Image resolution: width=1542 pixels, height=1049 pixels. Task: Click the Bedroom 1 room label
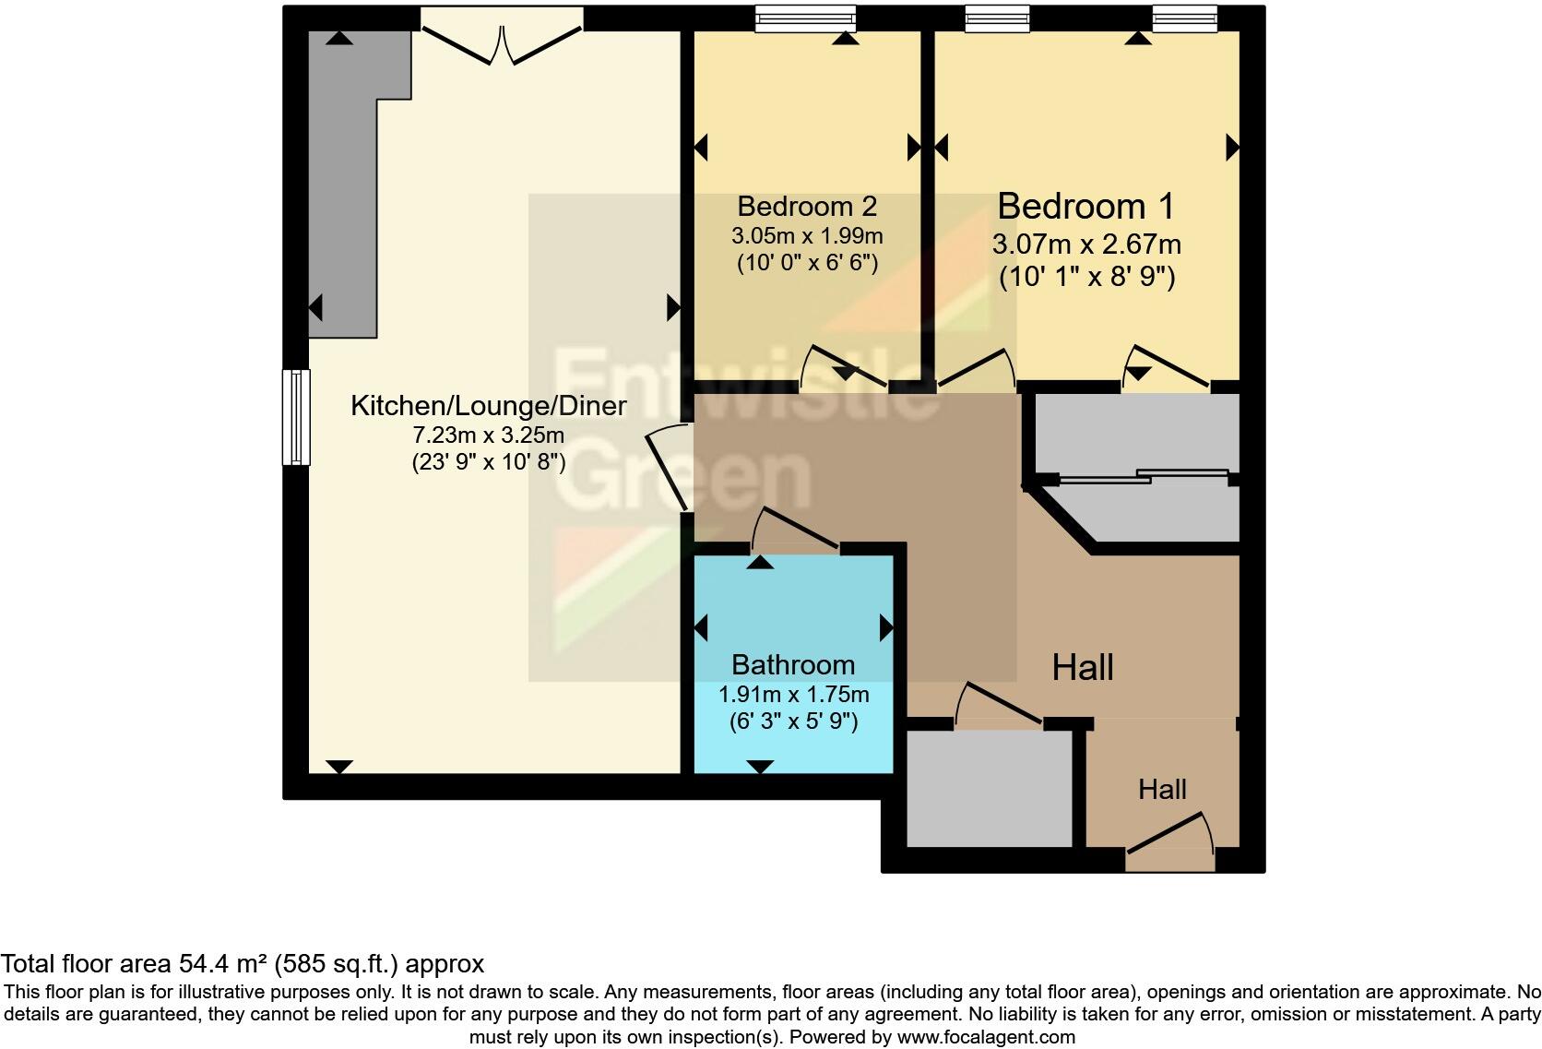click(x=1085, y=207)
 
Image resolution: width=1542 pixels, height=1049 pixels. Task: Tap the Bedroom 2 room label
click(x=807, y=206)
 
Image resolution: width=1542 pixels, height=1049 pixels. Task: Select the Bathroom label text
click(x=792, y=665)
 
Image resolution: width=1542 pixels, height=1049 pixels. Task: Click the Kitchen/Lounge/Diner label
click(x=488, y=406)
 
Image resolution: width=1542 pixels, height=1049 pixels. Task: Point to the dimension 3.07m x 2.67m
click(x=1085, y=244)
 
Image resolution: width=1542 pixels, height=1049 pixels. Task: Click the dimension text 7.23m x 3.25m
click(x=488, y=435)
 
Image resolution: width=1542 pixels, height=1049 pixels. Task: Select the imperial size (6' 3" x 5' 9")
click(x=793, y=721)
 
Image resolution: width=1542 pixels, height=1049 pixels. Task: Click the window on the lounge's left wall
click(x=296, y=416)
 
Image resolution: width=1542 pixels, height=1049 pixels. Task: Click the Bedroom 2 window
click(x=805, y=19)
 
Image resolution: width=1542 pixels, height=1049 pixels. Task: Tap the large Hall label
click(x=1083, y=667)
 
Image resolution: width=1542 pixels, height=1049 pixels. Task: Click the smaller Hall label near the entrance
click(x=1162, y=790)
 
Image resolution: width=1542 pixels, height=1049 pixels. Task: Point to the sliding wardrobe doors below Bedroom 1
click(x=1144, y=477)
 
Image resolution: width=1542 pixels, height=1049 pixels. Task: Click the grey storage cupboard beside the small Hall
click(x=989, y=789)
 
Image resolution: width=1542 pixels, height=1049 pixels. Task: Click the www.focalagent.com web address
click(x=986, y=1037)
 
